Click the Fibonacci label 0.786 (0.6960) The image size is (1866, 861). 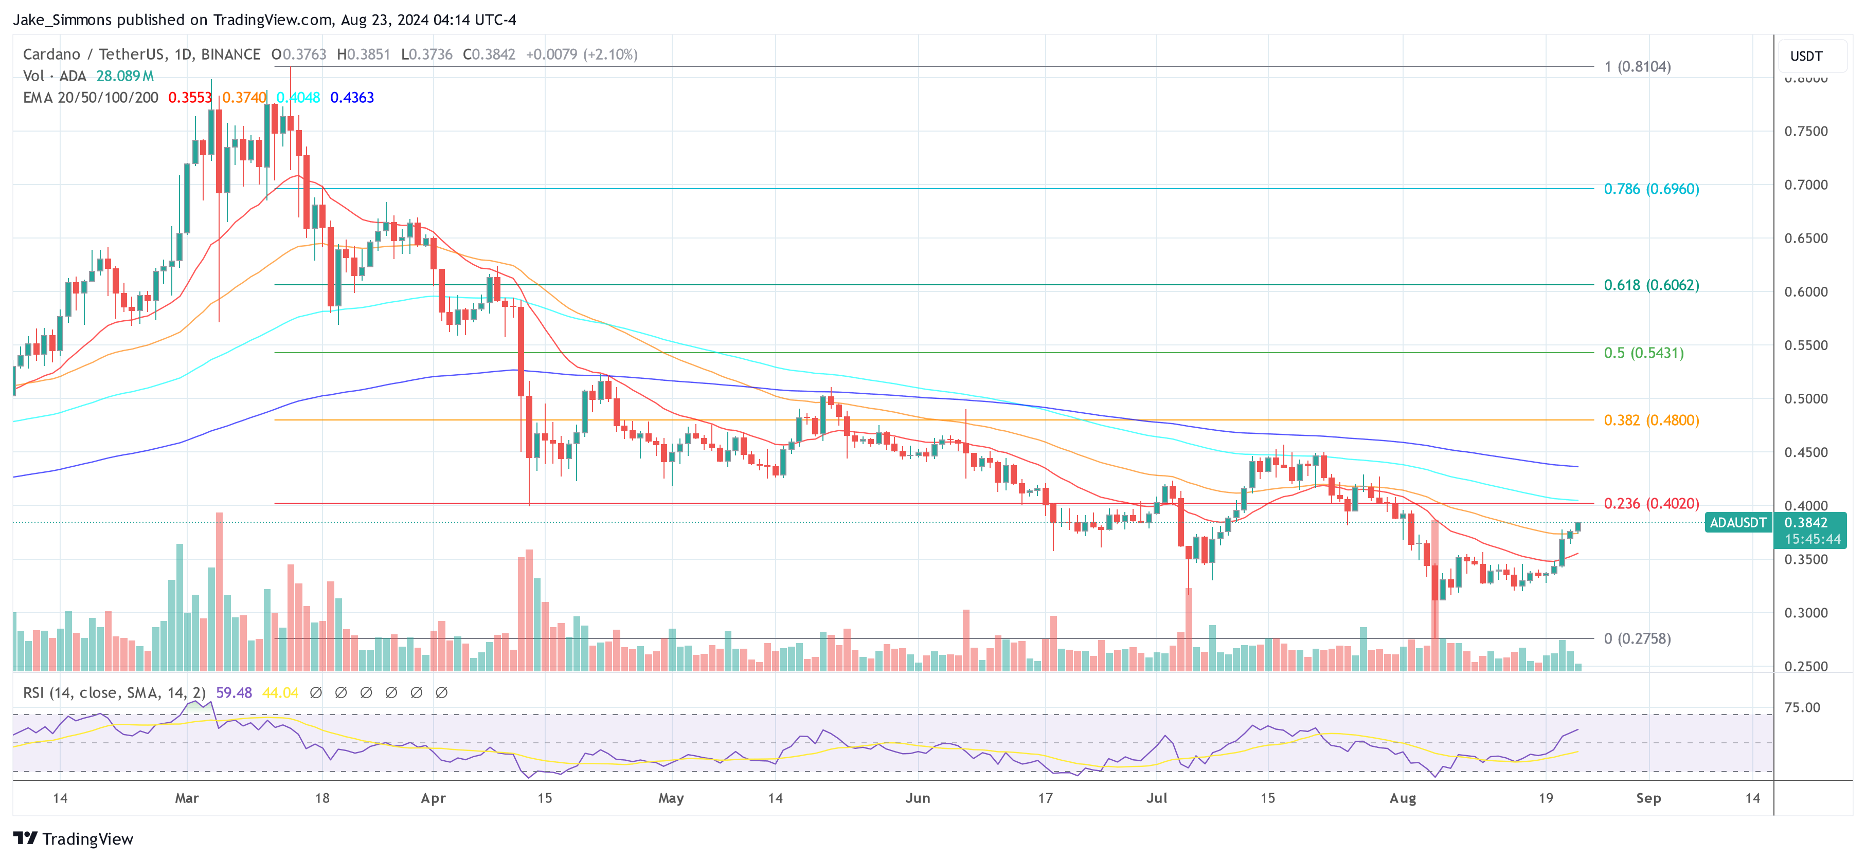pos(1651,189)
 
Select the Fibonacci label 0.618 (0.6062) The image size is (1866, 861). pos(1651,285)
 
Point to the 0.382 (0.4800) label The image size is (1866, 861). pos(1651,420)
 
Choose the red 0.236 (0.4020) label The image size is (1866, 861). pos(1651,503)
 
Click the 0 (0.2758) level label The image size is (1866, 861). pos(1637,639)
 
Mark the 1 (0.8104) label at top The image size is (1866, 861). pos(1637,67)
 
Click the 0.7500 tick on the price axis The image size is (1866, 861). pos(1805,131)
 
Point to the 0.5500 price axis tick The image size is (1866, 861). pos(1805,345)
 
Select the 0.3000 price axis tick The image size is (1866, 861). pos(1805,613)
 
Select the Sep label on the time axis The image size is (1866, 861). pos(1648,798)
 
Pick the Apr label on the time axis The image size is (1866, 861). pos(433,798)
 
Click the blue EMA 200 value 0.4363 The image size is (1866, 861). pos(352,98)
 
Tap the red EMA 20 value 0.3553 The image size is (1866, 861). pos(190,98)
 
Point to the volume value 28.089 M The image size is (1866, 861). pos(124,76)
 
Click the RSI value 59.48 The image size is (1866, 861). pos(234,693)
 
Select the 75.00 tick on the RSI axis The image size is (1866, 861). pos(1802,707)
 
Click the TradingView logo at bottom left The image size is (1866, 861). pos(73,838)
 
